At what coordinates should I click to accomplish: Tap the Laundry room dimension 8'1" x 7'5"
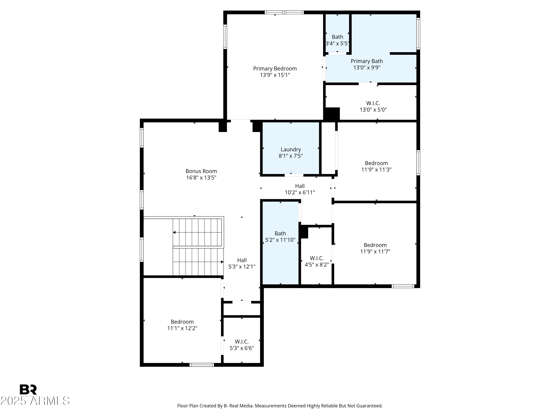coord(291,156)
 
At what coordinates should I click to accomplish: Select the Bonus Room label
coord(201,171)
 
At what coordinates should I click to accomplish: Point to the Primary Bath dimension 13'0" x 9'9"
coord(367,68)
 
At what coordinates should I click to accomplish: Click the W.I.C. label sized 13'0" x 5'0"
coord(373,103)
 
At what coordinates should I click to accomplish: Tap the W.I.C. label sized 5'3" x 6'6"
coord(242,342)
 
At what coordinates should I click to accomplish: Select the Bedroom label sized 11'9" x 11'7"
coord(375,245)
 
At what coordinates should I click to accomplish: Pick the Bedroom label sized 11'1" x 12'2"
coord(182,322)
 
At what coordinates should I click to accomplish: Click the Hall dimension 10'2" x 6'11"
coord(300,192)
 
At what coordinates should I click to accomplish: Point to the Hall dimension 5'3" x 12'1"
coord(242,267)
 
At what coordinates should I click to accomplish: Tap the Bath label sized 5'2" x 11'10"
coord(280,233)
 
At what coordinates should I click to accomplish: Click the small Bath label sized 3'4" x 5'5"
coord(337,37)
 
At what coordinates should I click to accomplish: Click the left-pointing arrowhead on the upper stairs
coord(174,232)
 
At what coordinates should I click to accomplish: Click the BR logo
coord(28,389)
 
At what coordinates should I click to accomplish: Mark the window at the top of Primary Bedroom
coord(284,12)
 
